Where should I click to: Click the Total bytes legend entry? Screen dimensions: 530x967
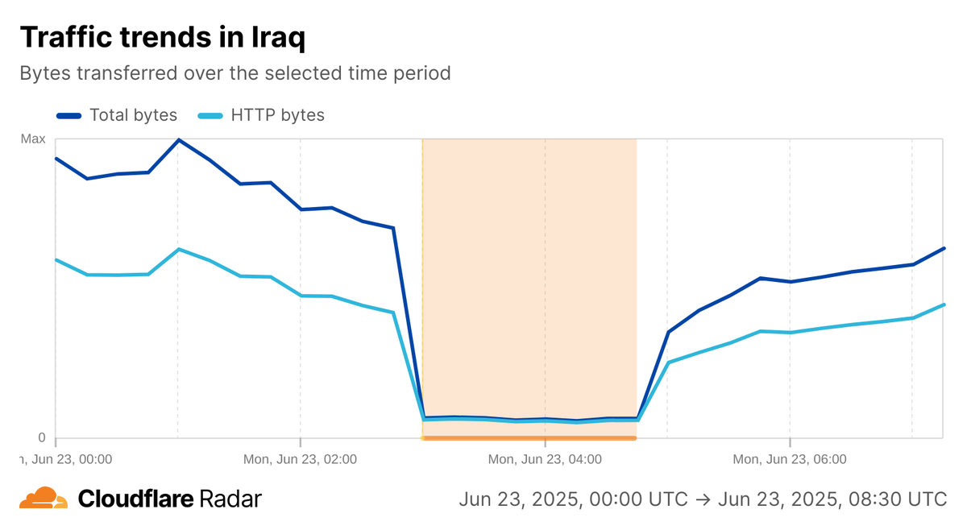click(x=133, y=115)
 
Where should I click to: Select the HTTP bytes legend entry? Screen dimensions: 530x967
click(x=277, y=115)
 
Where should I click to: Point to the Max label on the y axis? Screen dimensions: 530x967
click(x=33, y=139)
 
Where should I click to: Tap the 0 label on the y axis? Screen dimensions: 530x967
click(x=42, y=437)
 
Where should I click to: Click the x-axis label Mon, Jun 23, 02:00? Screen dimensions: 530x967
click(x=300, y=460)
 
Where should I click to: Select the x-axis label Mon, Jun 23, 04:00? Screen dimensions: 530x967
click(x=545, y=460)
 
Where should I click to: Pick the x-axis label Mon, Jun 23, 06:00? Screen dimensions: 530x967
click(x=790, y=460)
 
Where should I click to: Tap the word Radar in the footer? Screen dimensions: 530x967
click(x=228, y=499)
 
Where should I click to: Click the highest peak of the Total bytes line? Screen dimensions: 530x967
click(x=179, y=140)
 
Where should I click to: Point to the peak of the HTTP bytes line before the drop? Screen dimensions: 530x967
click(x=179, y=250)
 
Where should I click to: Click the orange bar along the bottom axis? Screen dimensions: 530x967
click(x=529, y=438)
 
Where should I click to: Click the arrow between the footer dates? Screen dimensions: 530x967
click(x=701, y=499)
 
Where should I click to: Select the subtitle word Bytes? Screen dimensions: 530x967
click(x=44, y=73)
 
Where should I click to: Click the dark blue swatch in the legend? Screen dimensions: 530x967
click(x=69, y=116)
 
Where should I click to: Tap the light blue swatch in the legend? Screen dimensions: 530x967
click(x=211, y=116)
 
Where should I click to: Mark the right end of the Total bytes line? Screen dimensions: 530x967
click(x=944, y=248)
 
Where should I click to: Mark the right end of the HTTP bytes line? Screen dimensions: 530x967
click(x=944, y=304)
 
